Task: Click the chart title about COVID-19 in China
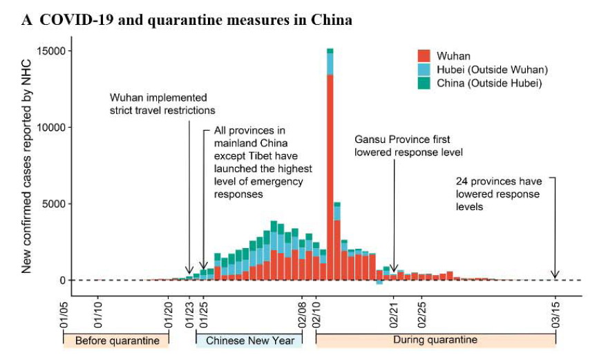click(187, 20)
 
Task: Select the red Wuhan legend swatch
click(424, 55)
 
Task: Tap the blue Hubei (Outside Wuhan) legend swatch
click(424, 69)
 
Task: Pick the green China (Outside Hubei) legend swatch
click(424, 83)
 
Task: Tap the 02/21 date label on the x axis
click(394, 314)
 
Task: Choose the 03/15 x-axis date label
click(556, 314)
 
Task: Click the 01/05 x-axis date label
click(64, 314)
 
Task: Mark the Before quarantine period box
click(116, 341)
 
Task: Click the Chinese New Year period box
click(249, 341)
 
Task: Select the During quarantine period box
click(435, 341)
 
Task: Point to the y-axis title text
click(27, 166)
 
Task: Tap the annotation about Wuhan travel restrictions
click(163, 104)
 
